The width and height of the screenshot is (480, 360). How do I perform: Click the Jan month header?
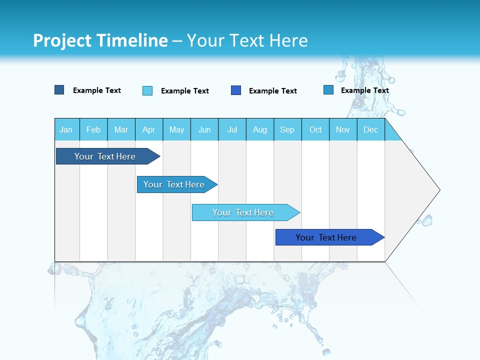[x=66, y=129]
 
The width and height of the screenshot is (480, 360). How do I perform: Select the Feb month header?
[x=93, y=129]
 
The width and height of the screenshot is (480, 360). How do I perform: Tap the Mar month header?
[x=121, y=129]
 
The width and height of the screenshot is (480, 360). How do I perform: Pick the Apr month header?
[x=149, y=129]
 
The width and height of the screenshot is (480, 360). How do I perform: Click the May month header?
[x=176, y=129]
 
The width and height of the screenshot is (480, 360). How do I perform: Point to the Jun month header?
[x=204, y=129]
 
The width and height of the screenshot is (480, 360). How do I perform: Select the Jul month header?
[x=232, y=129]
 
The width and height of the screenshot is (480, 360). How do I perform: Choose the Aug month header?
[x=260, y=129]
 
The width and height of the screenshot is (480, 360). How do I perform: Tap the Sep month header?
[x=287, y=129]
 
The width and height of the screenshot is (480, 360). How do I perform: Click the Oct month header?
[x=315, y=129]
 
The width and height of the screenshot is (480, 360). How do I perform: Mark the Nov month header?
[x=343, y=129]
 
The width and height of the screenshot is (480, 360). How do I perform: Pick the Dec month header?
[x=370, y=129]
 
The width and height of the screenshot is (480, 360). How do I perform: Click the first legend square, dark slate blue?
[x=59, y=90]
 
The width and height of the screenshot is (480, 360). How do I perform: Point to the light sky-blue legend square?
[x=147, y=90]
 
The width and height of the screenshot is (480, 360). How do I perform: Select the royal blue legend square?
[x=236, y=90]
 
